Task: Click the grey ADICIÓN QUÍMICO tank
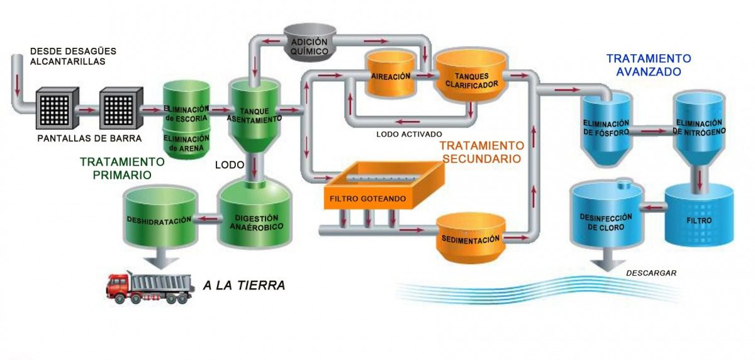click(x=309, y=43)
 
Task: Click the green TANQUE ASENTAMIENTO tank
click(x=253, y=113)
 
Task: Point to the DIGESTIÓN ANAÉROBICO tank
click(x=255, y=214)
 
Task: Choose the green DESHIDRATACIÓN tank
click(x=159, y=217)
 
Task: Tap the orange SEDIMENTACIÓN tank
click(x=471, y=237)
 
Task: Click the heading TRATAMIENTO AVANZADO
click(x=649, y=65)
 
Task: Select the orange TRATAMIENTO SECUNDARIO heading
click(x=481, y=151)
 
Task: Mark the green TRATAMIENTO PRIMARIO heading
click(x=122, y=168)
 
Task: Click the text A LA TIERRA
click(x=244, y=286)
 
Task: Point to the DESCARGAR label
click(x=651, y=273)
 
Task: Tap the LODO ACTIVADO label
click(x=409, y=134)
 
